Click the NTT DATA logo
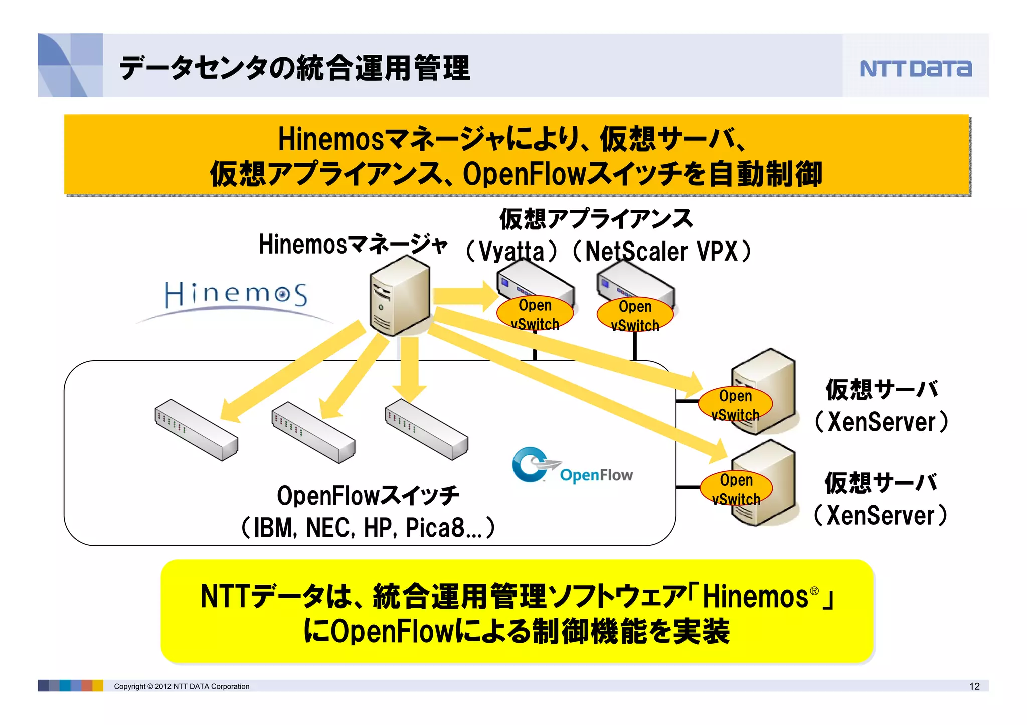915,68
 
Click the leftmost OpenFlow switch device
196,430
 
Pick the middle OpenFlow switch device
313,432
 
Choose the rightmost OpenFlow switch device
426,429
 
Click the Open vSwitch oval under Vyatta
535,314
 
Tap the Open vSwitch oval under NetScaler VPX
635,315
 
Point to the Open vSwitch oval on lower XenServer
736,489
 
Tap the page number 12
974,686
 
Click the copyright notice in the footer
182,686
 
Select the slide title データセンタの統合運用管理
294,68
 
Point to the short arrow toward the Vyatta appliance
464,296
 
